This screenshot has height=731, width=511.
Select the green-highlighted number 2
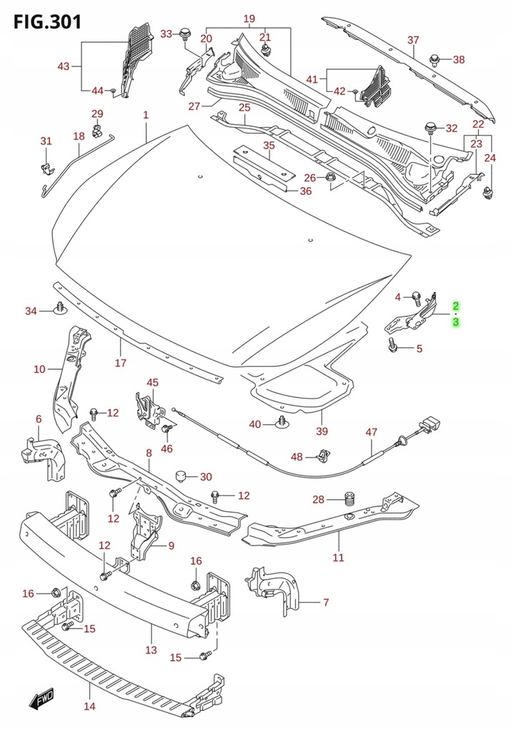(x=455, y=306)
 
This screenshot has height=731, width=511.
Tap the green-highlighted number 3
(x=455, y=323)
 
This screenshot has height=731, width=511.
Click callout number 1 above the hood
(x=145, y=115)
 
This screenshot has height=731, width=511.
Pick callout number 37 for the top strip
(x=413, y=40)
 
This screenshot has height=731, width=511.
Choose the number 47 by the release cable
(x=371, y=433)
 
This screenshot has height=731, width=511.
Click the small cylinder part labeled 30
(x=182, y=476)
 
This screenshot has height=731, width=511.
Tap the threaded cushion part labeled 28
(x=349, y=498)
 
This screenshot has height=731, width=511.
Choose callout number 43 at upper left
(x=64, y=67)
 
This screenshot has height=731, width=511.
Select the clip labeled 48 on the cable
(x=323, y=454)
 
